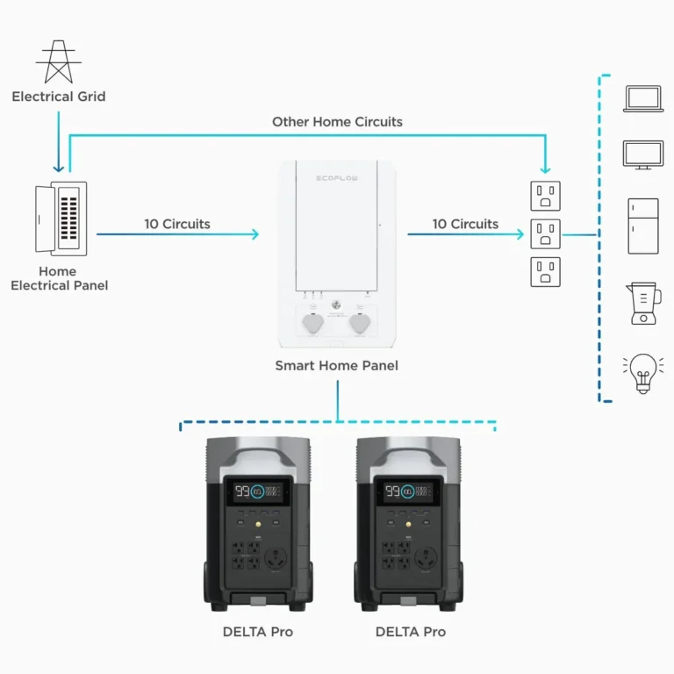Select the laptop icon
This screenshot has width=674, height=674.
click(643, 98)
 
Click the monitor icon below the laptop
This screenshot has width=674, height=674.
click(643, 154)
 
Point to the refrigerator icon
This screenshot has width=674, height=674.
click(643, 226)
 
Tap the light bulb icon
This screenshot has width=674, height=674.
click(643, 374)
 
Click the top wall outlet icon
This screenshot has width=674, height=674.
click(545, 194)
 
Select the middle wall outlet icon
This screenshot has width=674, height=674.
click(545, 233)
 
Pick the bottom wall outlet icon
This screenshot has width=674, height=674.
click(545, 272)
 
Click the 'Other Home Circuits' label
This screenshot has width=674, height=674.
click(337, 122)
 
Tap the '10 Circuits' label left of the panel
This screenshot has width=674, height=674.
click(177, 224)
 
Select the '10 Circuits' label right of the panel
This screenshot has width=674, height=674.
click(465, 224)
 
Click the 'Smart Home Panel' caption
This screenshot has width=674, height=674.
click(336, 365)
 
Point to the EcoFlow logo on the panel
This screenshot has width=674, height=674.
click(336, 178)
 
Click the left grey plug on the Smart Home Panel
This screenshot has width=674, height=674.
click(313, 324)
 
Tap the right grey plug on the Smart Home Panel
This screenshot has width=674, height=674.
click(360, 324)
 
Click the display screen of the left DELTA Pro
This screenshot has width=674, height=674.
click(258, 491)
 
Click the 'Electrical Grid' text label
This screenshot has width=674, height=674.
click(58, 97)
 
